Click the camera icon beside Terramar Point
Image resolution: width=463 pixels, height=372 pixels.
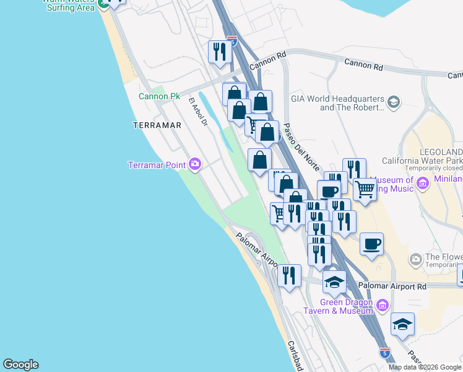pos(195,164)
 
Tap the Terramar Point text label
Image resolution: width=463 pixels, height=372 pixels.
pos(158,165)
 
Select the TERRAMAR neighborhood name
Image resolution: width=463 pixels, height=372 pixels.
pos(157,125)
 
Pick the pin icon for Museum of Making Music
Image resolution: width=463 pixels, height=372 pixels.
pos(423,183)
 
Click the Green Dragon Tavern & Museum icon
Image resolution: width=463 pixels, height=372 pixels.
pos(381,304)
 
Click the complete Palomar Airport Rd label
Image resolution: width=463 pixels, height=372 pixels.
pos(392,286)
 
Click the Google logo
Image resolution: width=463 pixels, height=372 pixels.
pos(20,365)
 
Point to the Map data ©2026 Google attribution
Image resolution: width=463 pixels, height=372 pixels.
pos(425,367)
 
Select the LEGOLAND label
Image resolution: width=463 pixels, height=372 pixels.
pos(441,152)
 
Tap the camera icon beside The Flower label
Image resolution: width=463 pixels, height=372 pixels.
pos(415,258)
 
